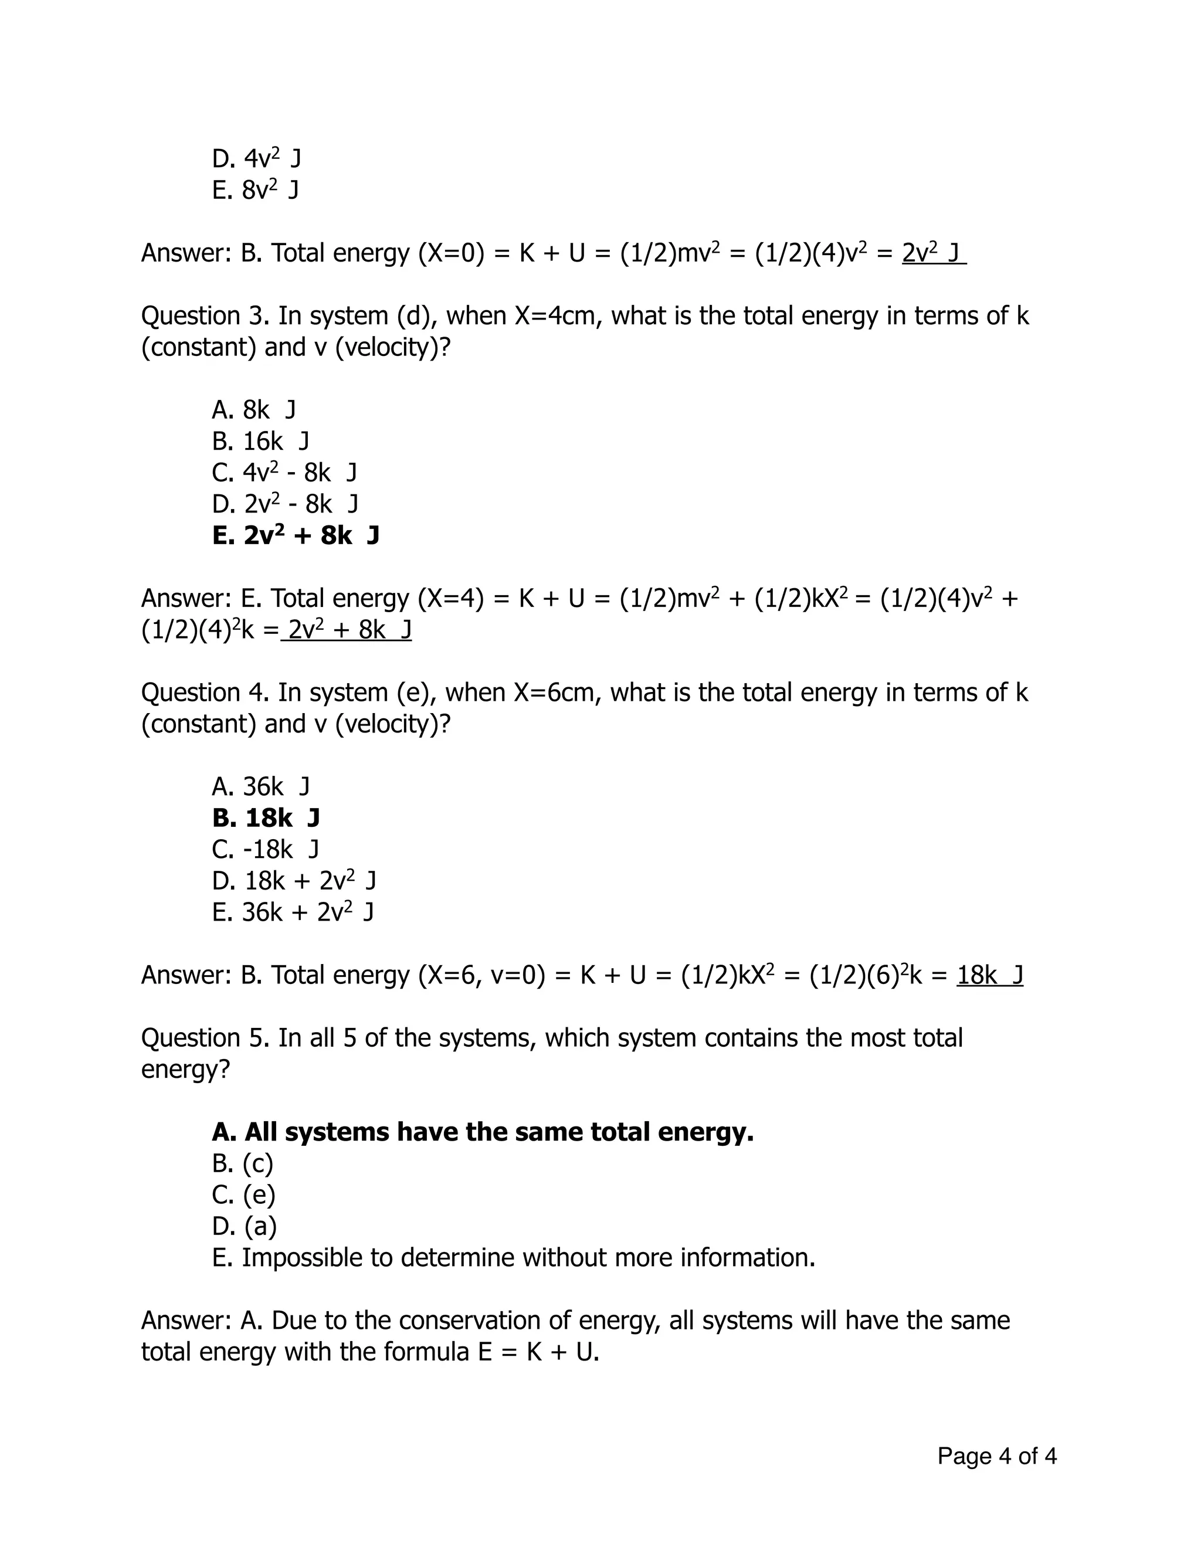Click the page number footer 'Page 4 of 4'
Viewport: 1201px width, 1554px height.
[x=996, y=1456]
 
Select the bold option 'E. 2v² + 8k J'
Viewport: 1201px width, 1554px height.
[x=296, y=535]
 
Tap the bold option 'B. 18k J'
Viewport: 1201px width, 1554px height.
[x=266, y=818]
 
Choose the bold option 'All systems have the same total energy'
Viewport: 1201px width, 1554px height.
[x=483, y=1132]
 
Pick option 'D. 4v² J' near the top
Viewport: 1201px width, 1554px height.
[x=256, y=158]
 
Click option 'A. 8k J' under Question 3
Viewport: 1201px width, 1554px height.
[x=253, y=410]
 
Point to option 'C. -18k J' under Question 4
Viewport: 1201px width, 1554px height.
[x=266, y=850]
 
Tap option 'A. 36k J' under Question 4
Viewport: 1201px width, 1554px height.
[x=260, y=787]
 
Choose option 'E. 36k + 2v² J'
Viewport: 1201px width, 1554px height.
[x=293, y=912]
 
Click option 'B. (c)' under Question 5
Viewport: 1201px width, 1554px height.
[x=242, y=1163]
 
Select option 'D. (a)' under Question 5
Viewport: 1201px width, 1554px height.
[x=244, y=1226]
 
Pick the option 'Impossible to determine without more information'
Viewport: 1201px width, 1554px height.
[x=513, y=1257]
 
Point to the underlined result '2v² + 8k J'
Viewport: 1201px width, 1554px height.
[x=347, y=630]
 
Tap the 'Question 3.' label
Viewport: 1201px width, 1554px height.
[x=205, y=316]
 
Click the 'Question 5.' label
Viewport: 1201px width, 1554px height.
[x=205, y=1038]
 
